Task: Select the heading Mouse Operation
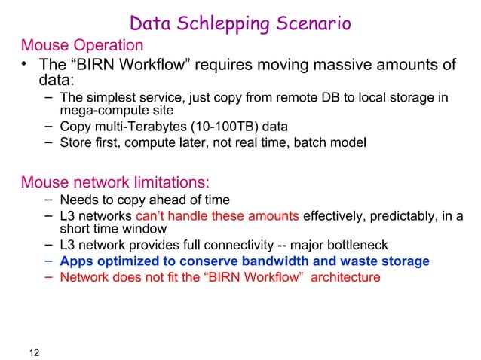[82, 46]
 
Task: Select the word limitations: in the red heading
[161, 182]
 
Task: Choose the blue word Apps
[75, 261]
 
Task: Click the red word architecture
[344, 276]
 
